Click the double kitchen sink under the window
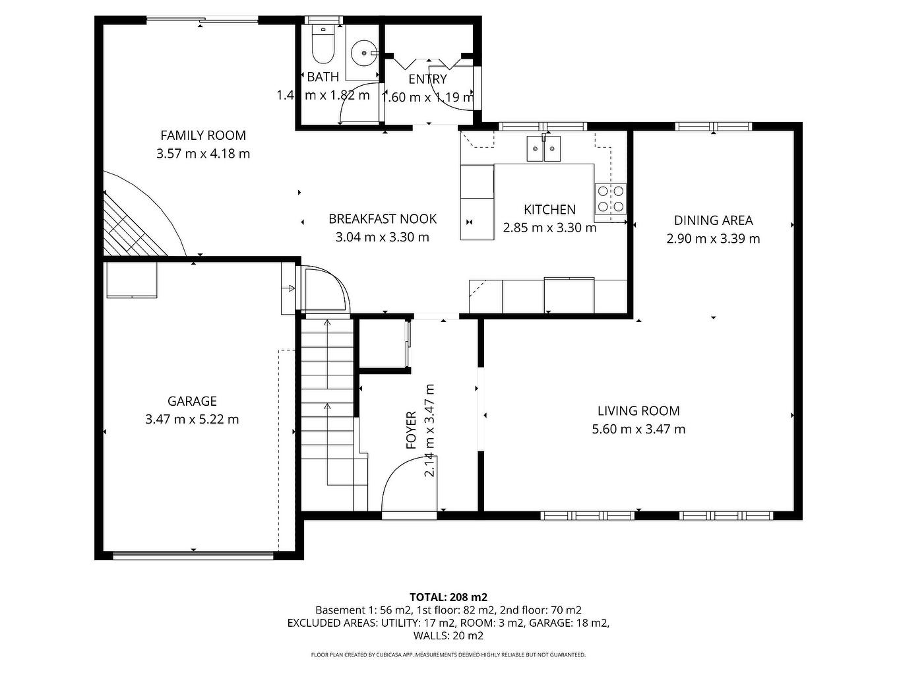(x=543, y=149)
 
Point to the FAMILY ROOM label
(x=203, y=136)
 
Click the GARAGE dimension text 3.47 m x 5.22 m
(x=192, y=419)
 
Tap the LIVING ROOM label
(x=638, y=411)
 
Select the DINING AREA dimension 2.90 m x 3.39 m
(x=713, y=239)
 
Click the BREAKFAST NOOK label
(x=383, y=219)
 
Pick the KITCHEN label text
(x=549, y=210)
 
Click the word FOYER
(x=411, y=430)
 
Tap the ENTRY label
(x=427, y=79)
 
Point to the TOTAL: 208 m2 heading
(x=448, y=597)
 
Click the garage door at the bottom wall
(x=193, y=556)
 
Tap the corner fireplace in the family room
(x=132, y=224)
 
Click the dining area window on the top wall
(x=713, y=127)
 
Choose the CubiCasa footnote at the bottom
(x=448, y=655)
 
